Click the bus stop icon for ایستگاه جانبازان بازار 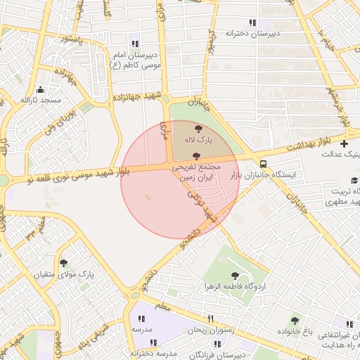263,162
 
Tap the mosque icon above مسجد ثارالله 40,89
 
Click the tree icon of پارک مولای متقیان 64,262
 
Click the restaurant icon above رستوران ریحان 210,319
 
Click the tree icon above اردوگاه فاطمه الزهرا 235,276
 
